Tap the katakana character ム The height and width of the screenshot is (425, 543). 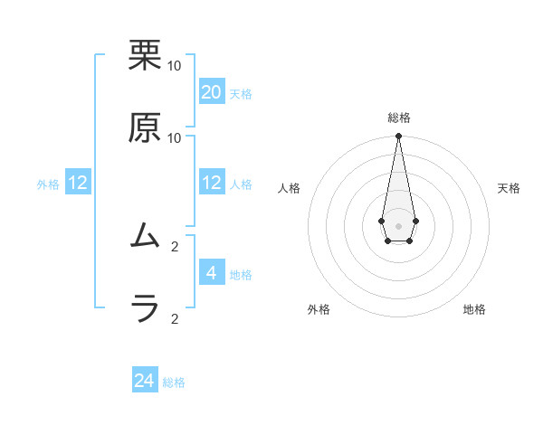pos(145,237)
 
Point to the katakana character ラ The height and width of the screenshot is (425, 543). pos(145,309)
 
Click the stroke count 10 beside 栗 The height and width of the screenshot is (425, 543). pos(174,65)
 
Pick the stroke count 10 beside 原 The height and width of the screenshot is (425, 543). pos(174,137)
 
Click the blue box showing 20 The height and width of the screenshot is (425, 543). pos(211,91)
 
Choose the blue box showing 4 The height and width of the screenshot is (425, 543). pos(211,272)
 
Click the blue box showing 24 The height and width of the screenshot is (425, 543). pos(145,381)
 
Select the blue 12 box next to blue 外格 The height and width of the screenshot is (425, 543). pos(78,183)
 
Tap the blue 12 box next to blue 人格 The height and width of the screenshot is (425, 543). pos(211,183)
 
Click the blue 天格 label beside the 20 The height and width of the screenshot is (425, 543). pos(240,94)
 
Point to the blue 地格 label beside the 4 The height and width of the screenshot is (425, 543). pos(241,275)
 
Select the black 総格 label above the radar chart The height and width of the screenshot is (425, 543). pos(398,118)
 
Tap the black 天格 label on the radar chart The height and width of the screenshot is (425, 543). pos(509,188)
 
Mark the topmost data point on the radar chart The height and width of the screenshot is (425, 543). pos(398,137)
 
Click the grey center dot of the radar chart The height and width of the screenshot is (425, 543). pos(398,225)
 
